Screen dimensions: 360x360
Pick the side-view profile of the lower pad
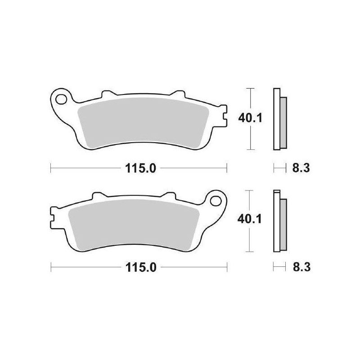coord(279,220)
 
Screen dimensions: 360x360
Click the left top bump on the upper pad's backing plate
coord(107,94)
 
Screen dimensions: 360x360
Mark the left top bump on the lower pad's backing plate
coord(98,196)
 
